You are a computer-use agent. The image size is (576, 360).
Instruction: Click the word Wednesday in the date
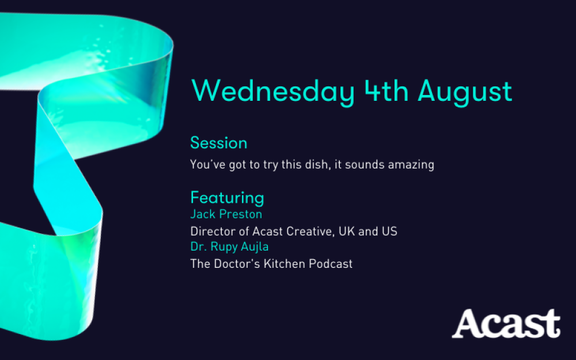pyautogui.click(x=273, y=92)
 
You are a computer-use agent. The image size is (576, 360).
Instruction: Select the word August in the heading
pyautogui.click(x=465, y=92)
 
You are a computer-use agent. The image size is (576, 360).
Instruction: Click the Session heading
pyautogui.click(x=218, y=143)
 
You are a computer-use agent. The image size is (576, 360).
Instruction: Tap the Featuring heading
pyautogui.click(x=227, y=198)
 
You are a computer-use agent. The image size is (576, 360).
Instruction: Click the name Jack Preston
pyautogui.click(x=226, y=214)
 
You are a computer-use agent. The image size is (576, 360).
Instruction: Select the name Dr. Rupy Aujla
pyautogui.click(x=229, y=247)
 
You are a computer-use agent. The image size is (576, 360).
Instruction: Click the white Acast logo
pyautogui.click(x=506, y=323)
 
